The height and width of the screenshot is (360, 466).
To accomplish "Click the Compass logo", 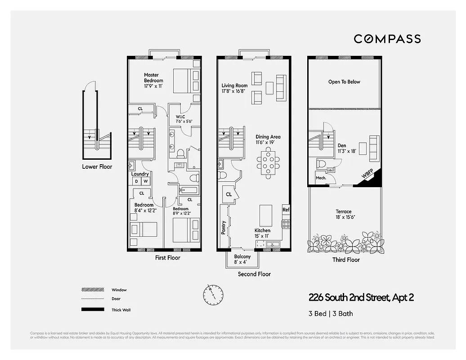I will pos(387,39).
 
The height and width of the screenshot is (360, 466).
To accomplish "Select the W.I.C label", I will pos(181,117).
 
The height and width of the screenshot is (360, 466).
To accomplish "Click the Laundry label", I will pos(140,174).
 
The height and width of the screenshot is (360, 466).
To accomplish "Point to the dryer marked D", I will pos(136,181).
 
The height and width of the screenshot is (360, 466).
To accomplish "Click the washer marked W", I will pos(145,181).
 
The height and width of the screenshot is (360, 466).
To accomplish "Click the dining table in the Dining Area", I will pos(269,162).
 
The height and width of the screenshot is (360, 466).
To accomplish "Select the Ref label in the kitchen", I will pos(286,210).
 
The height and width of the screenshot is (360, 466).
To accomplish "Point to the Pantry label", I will pos(224,227).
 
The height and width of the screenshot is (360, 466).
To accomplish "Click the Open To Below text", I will pos(344,82).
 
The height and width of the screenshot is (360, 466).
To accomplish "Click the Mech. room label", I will pos(321,178).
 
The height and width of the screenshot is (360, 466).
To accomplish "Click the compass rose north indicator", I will pos(212,294).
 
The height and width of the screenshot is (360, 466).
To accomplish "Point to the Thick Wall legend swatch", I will pos(90,310).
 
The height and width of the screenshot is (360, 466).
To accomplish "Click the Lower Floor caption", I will pos(97,166).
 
